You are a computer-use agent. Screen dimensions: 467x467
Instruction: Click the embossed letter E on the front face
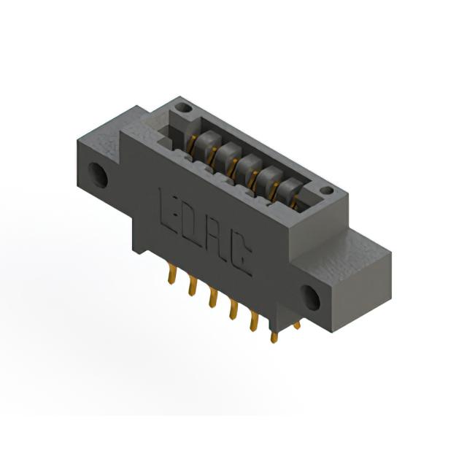169,210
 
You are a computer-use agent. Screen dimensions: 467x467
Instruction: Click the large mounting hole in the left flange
98,175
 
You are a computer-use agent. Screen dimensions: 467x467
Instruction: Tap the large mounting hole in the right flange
310,298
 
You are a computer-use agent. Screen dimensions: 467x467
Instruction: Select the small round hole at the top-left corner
185,107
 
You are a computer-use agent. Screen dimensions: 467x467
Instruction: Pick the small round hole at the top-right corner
328,190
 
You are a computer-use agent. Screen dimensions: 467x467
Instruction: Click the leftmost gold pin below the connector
172,275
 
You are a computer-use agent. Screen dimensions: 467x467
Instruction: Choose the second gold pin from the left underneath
193,285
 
